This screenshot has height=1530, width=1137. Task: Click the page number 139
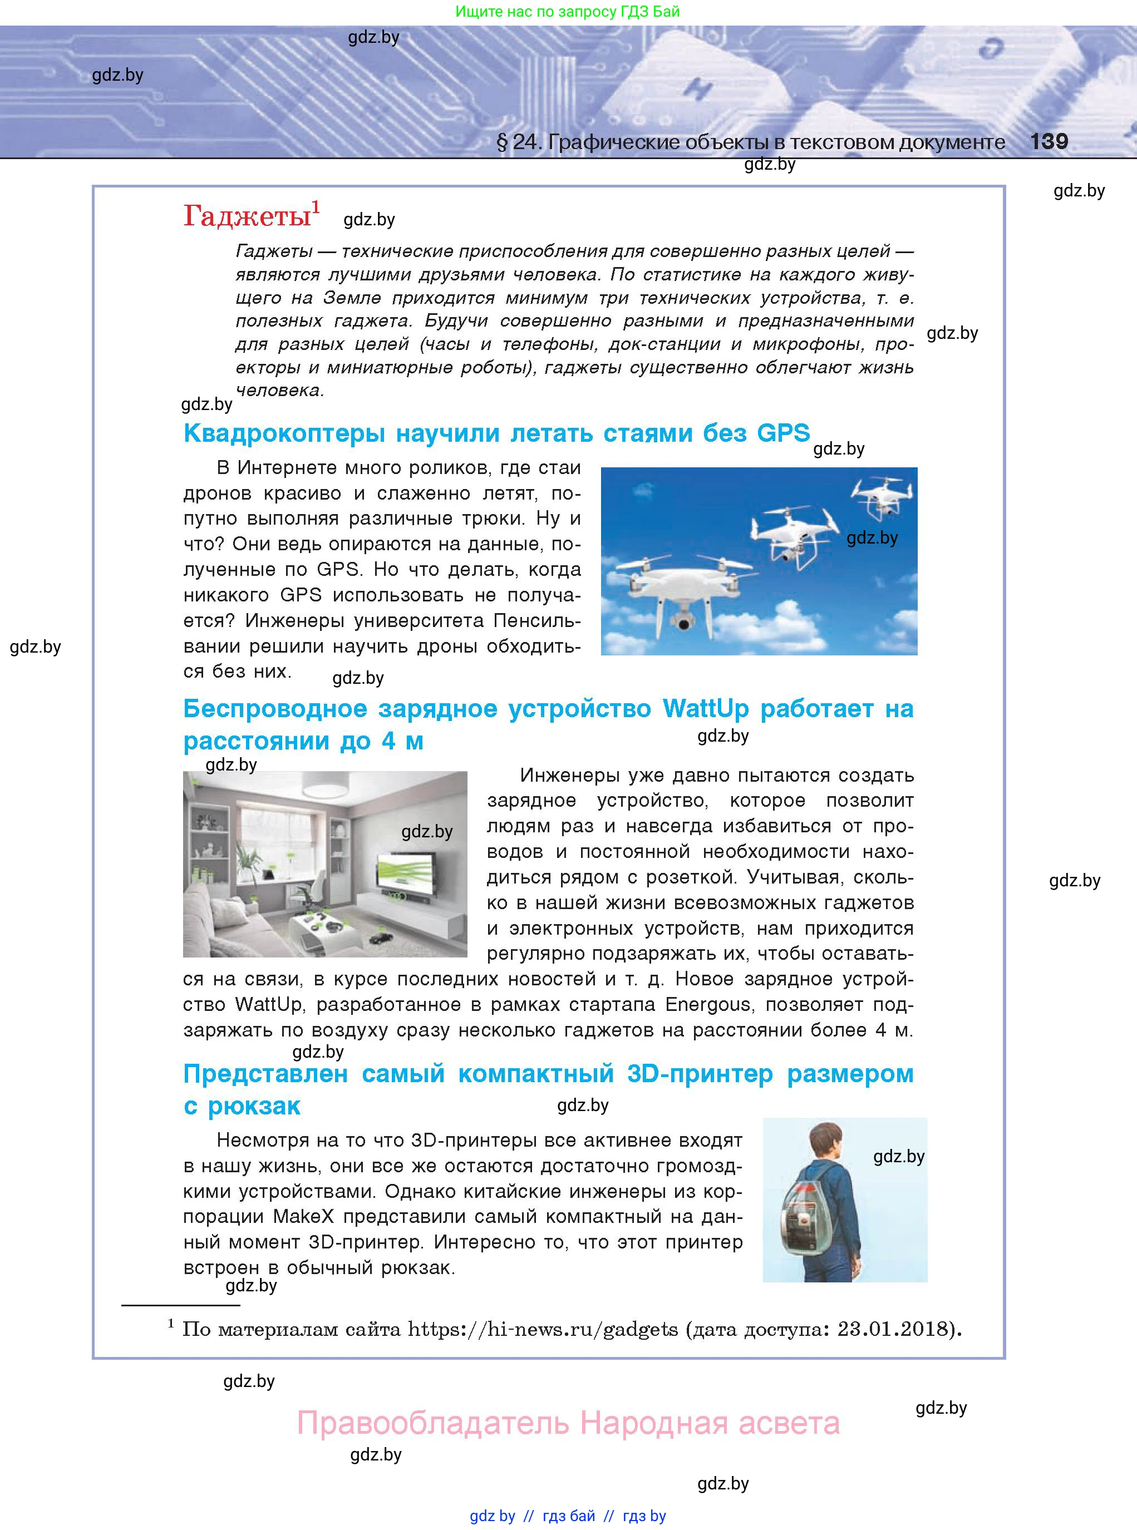tap(1049, 142)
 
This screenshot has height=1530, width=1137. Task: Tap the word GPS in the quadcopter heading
tap(783, 433)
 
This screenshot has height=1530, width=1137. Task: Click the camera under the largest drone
tap(683, 623)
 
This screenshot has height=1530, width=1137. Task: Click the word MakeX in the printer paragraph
tap(303, 1217)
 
